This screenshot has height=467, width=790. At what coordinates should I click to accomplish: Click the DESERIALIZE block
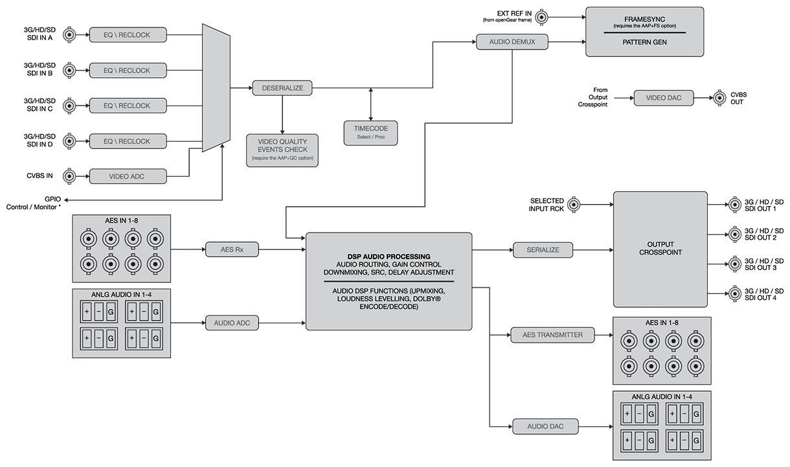[282, 88]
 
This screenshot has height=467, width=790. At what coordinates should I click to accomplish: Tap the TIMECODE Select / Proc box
[370, 132]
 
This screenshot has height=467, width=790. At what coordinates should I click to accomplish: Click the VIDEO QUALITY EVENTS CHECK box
[282, 150]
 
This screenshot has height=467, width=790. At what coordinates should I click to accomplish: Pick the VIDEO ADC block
[127, 176]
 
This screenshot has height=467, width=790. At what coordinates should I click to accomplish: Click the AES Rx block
[231, 249]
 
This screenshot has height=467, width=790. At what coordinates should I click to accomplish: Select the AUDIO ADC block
[232, 323]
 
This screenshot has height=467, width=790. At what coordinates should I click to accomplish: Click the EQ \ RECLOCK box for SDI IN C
[127, 106]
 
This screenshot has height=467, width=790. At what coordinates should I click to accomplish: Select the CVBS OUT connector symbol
[719, 98]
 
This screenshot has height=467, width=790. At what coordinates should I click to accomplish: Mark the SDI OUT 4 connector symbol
[734, 293]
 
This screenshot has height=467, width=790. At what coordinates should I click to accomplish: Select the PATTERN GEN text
[644, 42]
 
